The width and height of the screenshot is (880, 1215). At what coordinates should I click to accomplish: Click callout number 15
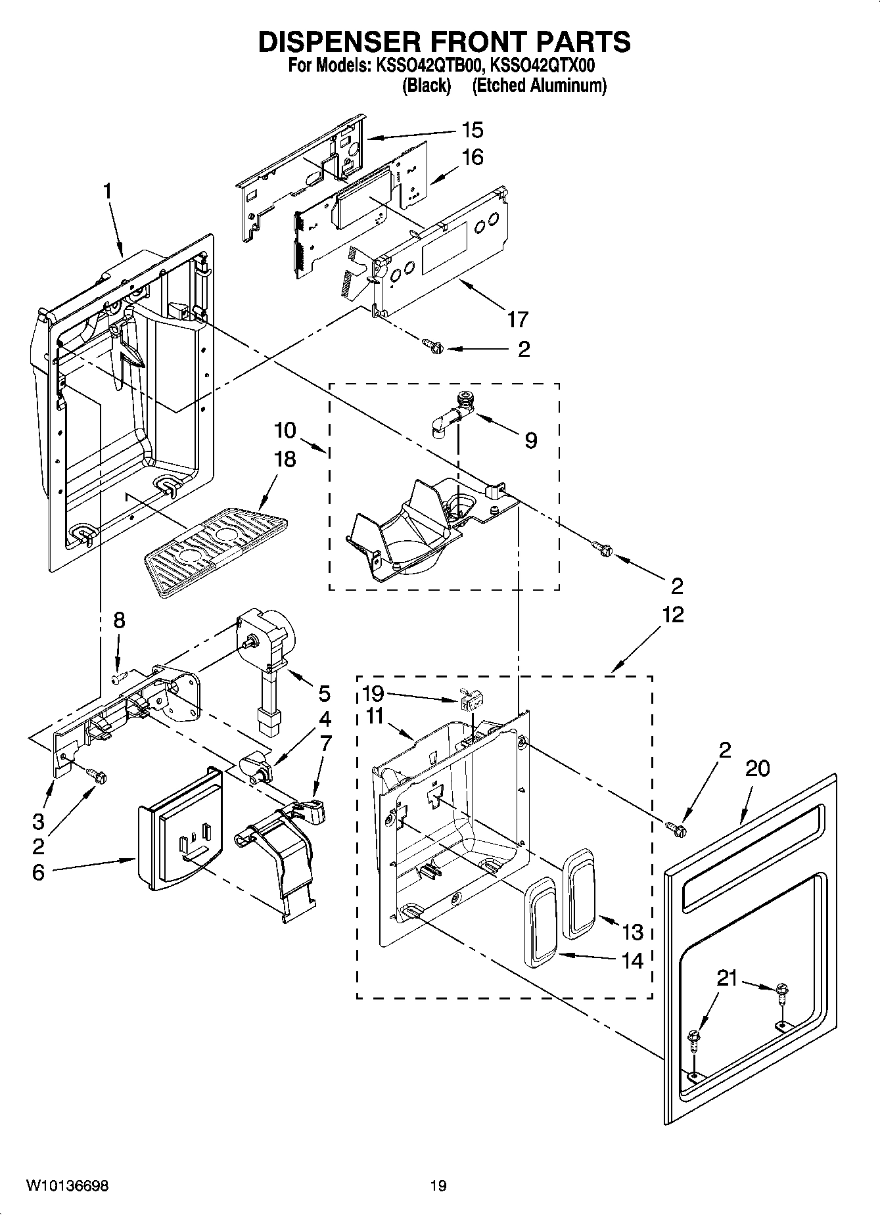click(472, 130)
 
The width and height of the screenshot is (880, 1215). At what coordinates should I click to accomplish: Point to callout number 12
click(672, 615)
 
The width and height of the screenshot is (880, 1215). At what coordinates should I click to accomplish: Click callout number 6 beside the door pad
click(38, 873)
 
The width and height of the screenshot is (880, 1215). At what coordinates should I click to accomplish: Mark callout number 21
click(727, 978)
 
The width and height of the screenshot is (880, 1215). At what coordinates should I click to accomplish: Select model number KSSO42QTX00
click(543, 66)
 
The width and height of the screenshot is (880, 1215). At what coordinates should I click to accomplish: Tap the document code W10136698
click(68, 1185)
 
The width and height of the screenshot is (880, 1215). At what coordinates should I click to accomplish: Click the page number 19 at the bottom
click(438, 1185)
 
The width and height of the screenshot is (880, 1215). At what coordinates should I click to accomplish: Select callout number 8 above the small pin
click(118, 621)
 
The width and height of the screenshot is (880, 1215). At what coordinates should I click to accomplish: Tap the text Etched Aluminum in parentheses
click(539, 85)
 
